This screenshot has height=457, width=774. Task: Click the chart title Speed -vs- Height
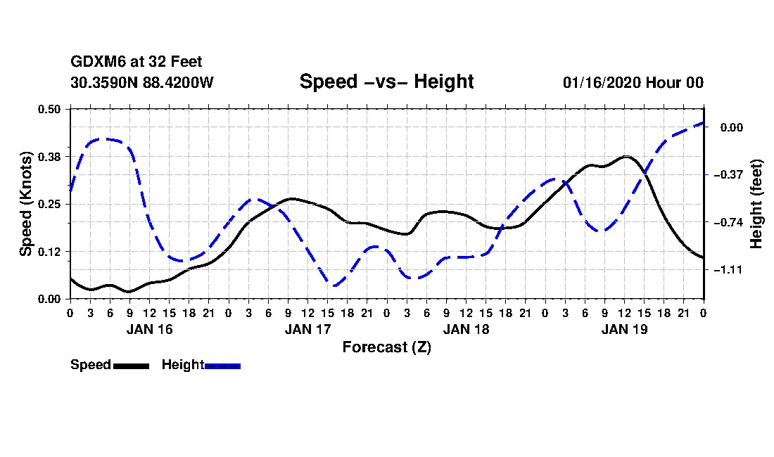click(386, 82)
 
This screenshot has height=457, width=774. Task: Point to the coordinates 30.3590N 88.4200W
click(142, 82)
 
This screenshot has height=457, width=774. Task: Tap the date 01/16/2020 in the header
click(602, 82)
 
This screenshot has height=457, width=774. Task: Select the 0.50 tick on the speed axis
click(50, 108)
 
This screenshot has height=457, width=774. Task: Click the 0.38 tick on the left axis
click(50, 156)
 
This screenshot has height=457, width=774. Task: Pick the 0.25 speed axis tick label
click(50, 204)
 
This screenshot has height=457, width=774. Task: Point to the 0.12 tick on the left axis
click(50, 251)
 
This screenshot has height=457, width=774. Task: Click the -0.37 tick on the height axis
click(732, 174)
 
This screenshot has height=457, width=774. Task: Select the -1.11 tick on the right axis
click(732, 270)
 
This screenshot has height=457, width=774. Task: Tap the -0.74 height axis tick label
click(732, 222)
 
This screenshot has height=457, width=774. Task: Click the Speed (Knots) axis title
click(25, 203)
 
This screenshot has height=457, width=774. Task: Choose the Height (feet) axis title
click(757, 204)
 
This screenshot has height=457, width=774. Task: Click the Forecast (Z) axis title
click(386, 347)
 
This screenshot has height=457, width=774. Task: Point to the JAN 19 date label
click(625, 328)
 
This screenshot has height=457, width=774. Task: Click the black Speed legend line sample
click(131, 366)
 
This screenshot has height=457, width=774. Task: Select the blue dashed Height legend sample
click(222, 366)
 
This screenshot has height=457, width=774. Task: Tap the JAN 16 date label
click(149, 328)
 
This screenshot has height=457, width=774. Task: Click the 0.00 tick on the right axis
click(732, 127)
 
